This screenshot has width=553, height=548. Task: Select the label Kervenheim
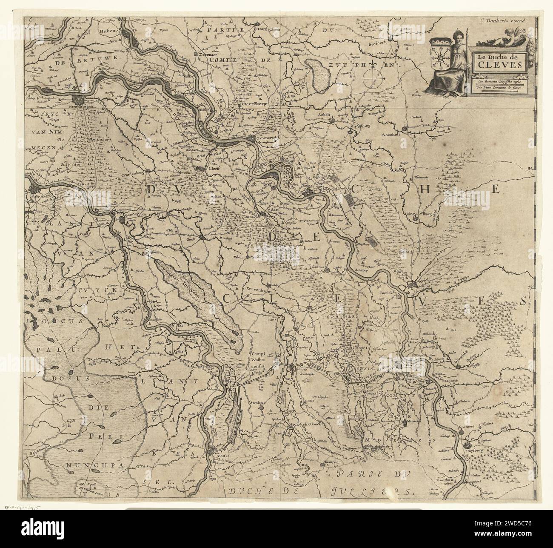259,289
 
